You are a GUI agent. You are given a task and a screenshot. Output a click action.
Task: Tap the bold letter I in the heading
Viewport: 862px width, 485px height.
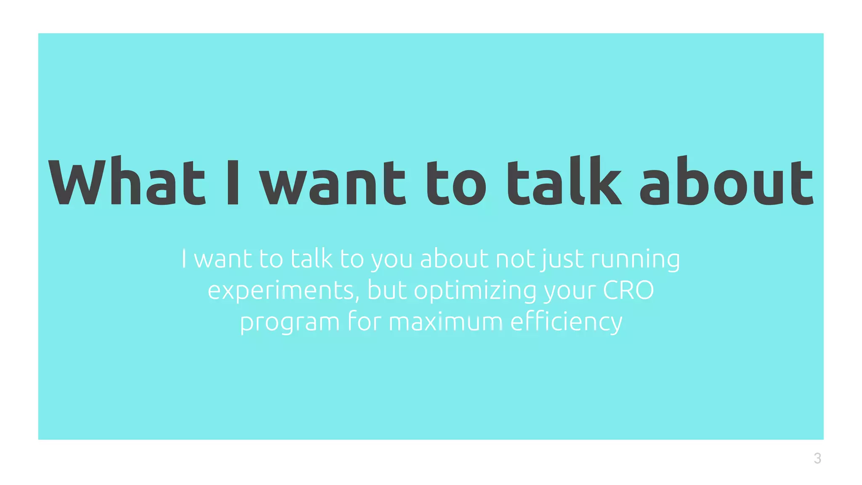tap(233, 182)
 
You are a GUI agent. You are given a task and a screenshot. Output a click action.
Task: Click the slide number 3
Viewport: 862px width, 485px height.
tap(817, 458)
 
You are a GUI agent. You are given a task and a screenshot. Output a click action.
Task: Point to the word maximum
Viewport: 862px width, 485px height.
tap(445, 322)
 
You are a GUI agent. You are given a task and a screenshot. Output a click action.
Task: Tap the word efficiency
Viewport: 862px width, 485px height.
tap(566, 322)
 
